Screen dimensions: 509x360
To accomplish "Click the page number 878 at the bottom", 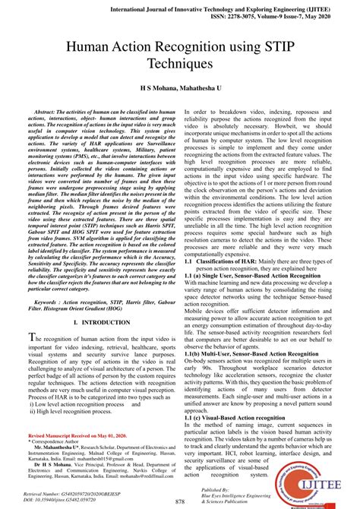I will (180, 501).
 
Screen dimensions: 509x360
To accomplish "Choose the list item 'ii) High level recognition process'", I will (76, 411).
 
